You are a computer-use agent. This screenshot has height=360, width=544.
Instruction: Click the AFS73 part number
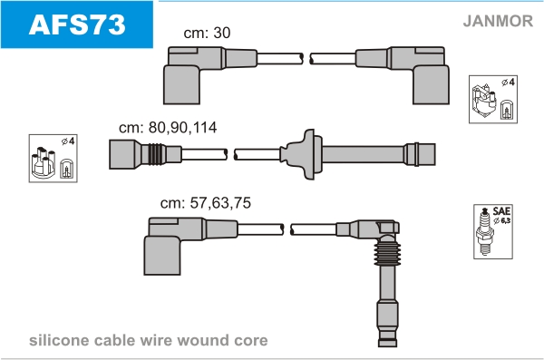click(x=77, y=24)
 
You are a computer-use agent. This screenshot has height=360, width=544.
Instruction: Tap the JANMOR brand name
click(x=498, y=21)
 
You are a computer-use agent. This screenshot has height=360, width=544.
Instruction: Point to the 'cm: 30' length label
click(x=207, y=33)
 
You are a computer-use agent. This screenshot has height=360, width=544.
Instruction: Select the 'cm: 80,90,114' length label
click(x=168, y=128)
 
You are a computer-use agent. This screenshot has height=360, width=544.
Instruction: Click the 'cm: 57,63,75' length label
click(x=206, y=203)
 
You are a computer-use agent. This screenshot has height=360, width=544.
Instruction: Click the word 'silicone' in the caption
click(x=59, y=340)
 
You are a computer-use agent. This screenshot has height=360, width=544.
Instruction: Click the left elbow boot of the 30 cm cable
click(x=181, y=75)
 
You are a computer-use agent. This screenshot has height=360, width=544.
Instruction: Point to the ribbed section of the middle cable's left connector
click(x=157, y=154)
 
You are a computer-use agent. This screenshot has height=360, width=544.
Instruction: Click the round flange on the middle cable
click(x=310, y=154)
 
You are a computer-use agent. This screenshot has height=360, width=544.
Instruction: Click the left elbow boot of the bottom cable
click(x=162, y=247)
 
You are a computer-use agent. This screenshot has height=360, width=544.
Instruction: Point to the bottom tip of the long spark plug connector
click(x=387, y=346)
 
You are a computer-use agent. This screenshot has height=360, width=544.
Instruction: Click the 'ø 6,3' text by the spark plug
click(x=502, y=220)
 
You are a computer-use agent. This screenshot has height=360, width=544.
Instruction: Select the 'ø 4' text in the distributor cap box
click(x=68, y=141)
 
